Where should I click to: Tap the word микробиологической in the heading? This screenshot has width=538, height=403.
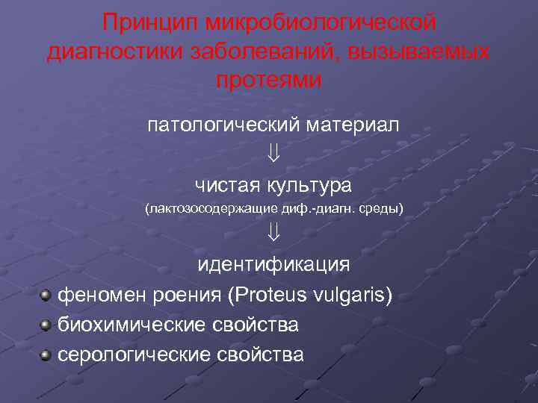coord(319,22)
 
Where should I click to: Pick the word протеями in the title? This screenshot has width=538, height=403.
coord(269,79)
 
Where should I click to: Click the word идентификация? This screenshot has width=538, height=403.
coord(273,265)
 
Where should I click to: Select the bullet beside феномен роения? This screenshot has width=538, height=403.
coord(46,296)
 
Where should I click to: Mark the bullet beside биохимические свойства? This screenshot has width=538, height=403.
coord(46,325)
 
